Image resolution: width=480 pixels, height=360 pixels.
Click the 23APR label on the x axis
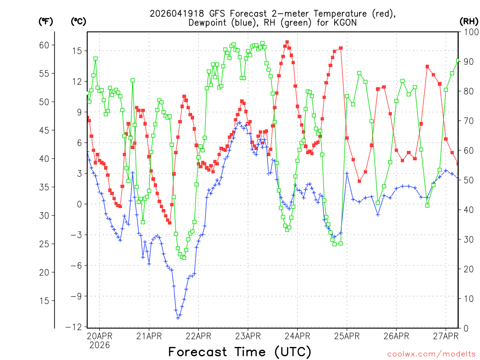[x=248, y=336]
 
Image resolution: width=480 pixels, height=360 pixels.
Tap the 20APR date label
[x=99, y=336]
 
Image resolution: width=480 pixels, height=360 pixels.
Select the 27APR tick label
[x=445, y=336]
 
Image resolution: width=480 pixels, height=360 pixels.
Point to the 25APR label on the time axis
[x=347, y=336]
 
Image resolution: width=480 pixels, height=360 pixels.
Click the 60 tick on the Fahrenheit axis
[x=44, y=45]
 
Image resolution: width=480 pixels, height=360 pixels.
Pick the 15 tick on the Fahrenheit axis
[x=44, y=300]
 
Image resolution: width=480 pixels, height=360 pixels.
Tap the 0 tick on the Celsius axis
[x=80, y=204]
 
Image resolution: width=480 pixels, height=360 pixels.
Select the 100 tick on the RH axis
[x=469, y=32]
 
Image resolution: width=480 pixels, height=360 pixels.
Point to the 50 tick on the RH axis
[x=467, y=180]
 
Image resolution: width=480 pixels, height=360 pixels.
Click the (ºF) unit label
[x=45, y=21]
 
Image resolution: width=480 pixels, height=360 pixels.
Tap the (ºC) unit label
[x=78, y=21]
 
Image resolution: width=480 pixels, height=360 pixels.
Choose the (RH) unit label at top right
[x=469, y=21]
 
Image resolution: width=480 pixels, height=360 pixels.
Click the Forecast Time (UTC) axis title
[x=240, y=352]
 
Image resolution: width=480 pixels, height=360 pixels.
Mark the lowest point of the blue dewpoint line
[x=178, y=317]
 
